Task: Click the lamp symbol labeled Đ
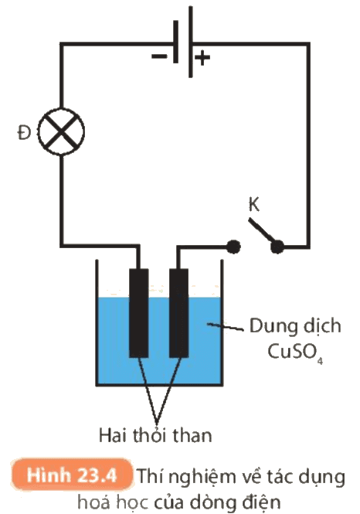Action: [61, 131]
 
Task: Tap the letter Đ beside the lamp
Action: [24, 133]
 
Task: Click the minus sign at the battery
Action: [159, 56]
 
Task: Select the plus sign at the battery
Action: [202, 58]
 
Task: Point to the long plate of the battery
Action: [191, 42]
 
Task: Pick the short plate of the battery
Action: [176, 42]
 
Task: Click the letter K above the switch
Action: [254, 205]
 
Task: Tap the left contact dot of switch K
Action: [233, 247]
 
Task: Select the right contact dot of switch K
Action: [277, 247]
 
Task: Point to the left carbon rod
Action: [139, 313]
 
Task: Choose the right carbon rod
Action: [179, 313]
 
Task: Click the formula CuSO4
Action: [295, 352]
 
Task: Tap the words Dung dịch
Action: [295, 326]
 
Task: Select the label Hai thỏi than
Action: [155, 436]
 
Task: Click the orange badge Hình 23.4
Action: [72, 475]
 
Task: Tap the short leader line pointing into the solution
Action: [225, 327]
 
